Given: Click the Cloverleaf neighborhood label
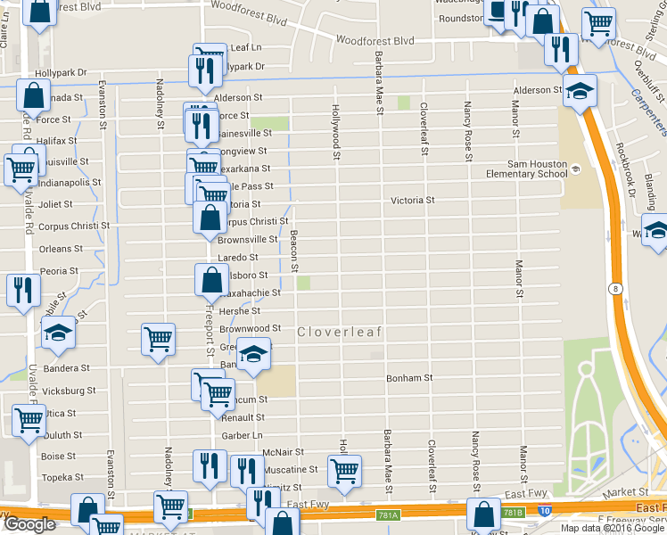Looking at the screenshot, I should [x=339, y=333].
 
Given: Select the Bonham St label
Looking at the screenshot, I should [x=409, y=378].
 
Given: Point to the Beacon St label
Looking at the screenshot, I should [x=294, y=251].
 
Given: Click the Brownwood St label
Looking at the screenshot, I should [x=251, y=329].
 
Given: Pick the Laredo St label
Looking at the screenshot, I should [x=238, y=258].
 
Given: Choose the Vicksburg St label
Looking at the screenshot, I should [x=69, y=391].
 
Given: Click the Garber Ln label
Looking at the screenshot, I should [x=243, y=436].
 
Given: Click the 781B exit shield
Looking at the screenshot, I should [x=512, y=513].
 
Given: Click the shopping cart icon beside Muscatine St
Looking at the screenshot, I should [x=344, y=470].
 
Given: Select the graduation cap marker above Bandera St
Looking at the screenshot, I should [x=58, y=333].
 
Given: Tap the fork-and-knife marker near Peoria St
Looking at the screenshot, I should [x=22, y=290].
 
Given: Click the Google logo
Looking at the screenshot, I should [x=29, y=524].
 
